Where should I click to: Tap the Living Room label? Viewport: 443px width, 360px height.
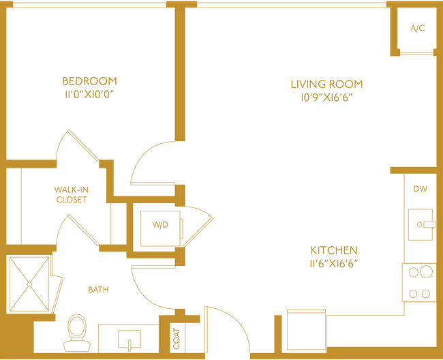[x=326, y=84]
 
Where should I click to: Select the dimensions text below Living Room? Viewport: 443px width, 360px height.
[x=326, y=98]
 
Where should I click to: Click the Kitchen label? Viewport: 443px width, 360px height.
[x=334, y=250]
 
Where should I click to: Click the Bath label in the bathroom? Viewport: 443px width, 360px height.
[x=98, y=289]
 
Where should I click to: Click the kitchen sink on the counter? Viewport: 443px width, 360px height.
[x=421, y=224]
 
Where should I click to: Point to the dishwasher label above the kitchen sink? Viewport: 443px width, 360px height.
[x=421, y=189]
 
